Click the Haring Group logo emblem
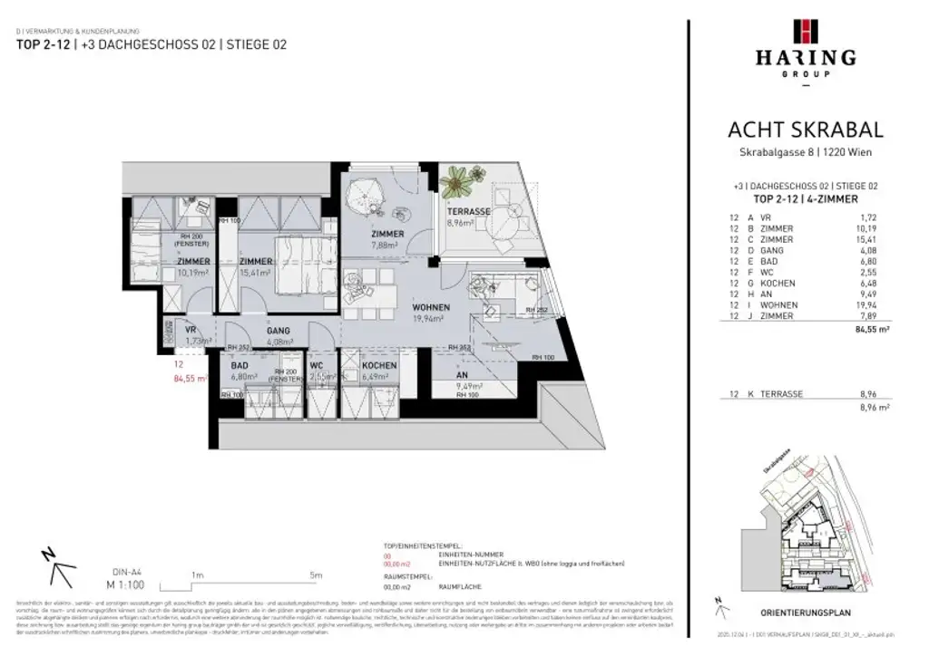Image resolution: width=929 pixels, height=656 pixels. pyautogui.click(x=805, y=31)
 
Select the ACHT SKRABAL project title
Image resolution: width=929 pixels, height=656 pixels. pyautogui.click(x=805, y=130)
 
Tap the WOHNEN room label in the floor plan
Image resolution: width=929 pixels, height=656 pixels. pyautogui.click(x=430, y=307)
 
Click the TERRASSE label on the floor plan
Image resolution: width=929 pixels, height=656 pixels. pyautogui.click(x=468, y=211)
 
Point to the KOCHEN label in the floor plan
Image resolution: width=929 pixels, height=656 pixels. pyautogui.click(x=378, y=365)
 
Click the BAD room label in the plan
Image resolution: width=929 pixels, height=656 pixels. pyautogui.click(x=239, y=365)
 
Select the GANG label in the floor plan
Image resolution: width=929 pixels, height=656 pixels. pyautogui.click(x=278, y=331)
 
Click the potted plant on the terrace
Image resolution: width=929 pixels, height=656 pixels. pyautogui.click(x=456, y=182)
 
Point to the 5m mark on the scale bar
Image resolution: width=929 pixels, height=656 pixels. pyautogui.click(x=315, y=574)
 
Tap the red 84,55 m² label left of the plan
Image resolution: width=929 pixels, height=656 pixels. pyautogui.click(x=190, y=379)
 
